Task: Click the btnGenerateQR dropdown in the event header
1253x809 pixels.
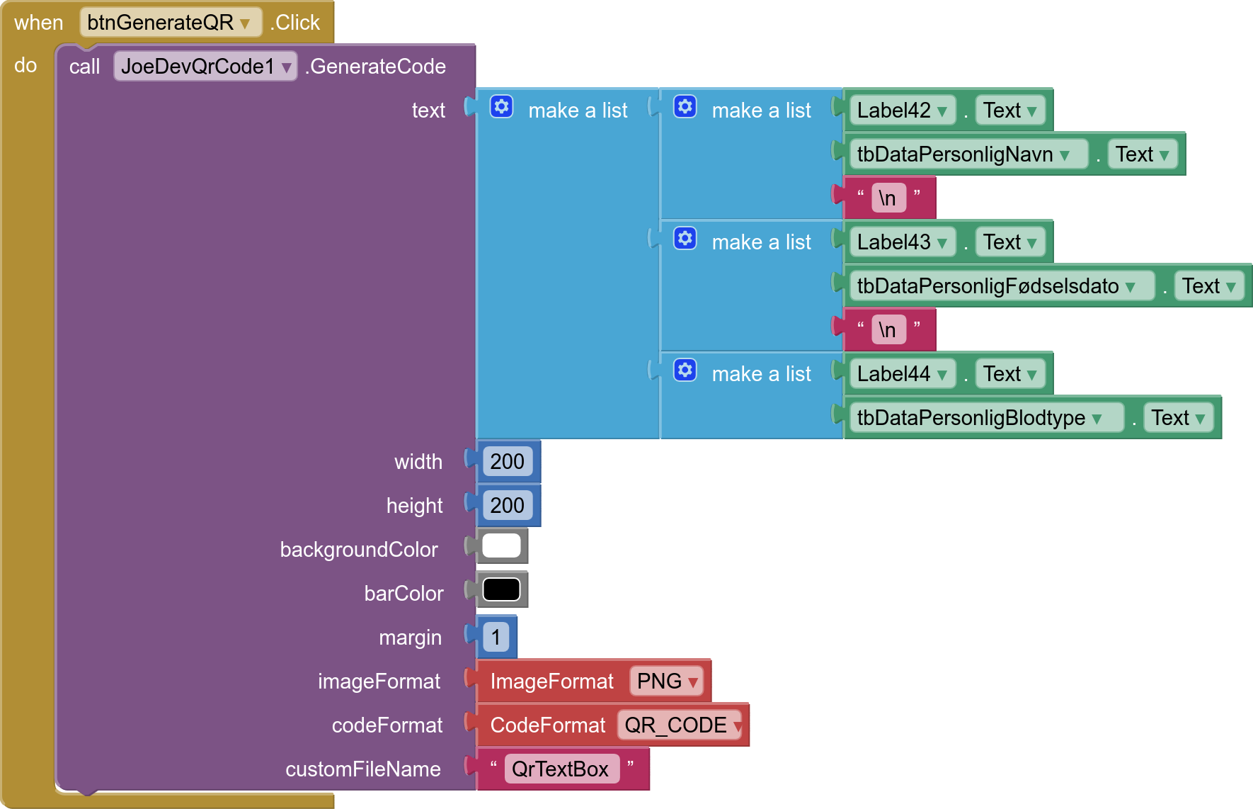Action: tap(170, 23)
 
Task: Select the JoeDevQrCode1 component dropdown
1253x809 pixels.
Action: tap(205, 67)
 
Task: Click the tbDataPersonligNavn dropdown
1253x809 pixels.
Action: tap(968, 154)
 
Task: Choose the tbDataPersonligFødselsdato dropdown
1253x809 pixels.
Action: tap(1001, 286)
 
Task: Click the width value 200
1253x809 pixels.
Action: tap(508, 462)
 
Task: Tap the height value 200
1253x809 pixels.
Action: tap(508, 506)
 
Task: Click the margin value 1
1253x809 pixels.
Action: tap(496, 638)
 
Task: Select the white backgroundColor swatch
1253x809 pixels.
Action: tap(501, 545)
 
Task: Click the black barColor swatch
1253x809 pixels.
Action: tap(501, 589)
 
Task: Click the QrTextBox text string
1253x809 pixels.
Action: tap(561, 769)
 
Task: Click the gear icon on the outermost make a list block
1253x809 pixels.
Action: tap(501, 107)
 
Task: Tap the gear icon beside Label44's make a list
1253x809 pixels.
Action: tap(685, 370)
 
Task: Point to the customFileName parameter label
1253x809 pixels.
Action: tap(363, 769)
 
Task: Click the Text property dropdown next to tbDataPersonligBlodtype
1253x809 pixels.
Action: tap(1179, 418)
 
